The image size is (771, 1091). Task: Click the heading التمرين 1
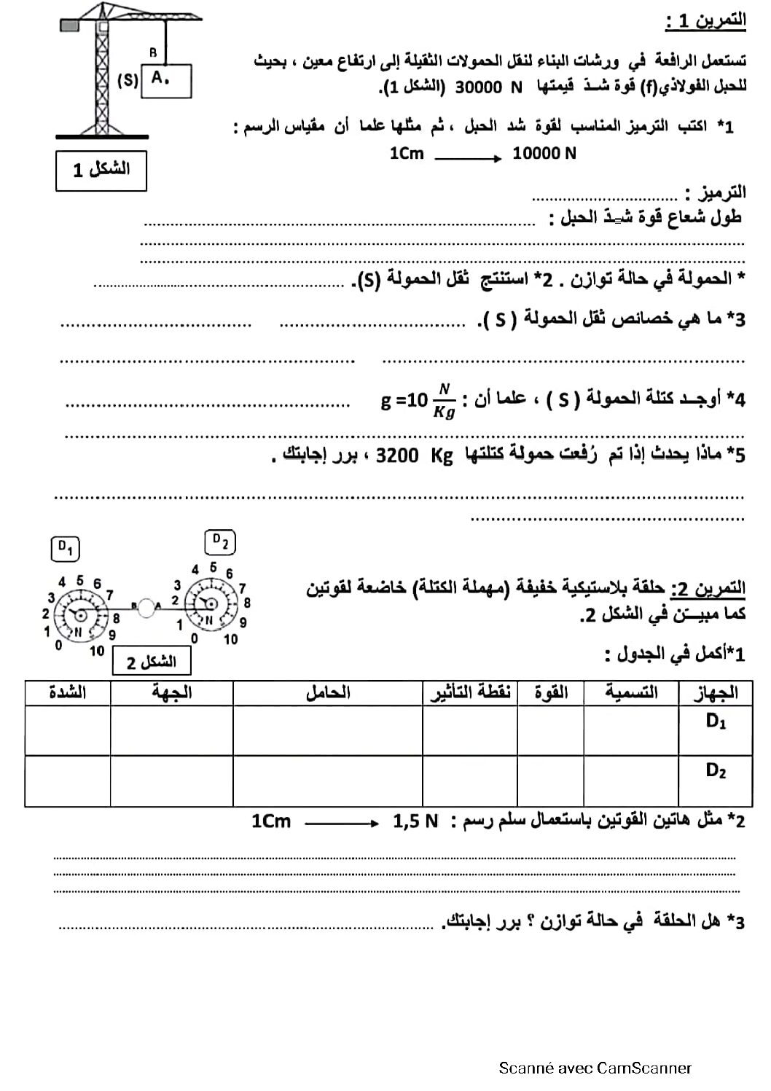pyautogui.click(x=705, y=21)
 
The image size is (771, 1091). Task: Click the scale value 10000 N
pyautogui.click(x=544, y=154)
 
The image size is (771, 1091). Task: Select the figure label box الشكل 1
pyautogui.click(x=101, y=171)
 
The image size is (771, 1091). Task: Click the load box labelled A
pyautogui.click(x=167, y=81)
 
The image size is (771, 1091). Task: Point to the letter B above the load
pyautogui.click(x=153, y=52)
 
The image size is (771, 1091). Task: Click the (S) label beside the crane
pyautogui.click(x=128, y=80)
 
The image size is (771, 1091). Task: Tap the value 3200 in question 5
pyautogui.click(x=397, y=455)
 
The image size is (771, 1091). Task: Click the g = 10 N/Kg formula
pyautogui.click(x=418, y=401)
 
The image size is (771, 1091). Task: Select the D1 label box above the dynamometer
pyautogui.click(x=66, y=548)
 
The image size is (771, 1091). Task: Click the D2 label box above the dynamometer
pyautogui.click(x=220, y=542)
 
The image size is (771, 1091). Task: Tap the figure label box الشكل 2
pyautogui.click(x=152, y=662)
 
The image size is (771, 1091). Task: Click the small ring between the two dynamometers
pyautogui.click(x=146, y=608)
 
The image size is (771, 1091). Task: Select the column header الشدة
pyautogui.click(x=68, y=692)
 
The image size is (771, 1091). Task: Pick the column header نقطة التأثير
pyautogui.click(x=470, y=692)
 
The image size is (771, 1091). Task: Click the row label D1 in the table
pyautogui.click(x=716, y=722)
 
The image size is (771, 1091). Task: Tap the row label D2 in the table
pyautogui.click(x=716, y=771)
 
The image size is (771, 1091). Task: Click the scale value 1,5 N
pyautogui.click(x=415, y=822)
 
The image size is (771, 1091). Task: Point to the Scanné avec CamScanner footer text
pyautogui.click(x=595, y=1068)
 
